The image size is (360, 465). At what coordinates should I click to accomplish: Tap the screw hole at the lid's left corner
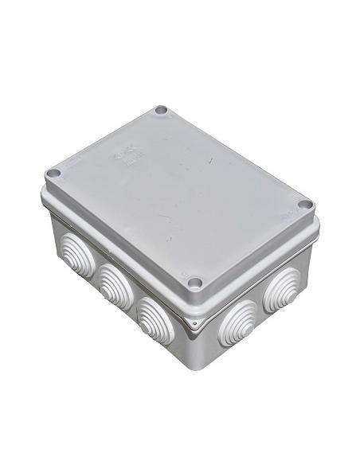tap(53, 174)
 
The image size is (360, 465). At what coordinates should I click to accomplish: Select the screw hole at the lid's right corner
tap(304, 205)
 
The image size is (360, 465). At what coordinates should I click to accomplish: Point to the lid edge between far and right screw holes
tap(239, 156)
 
